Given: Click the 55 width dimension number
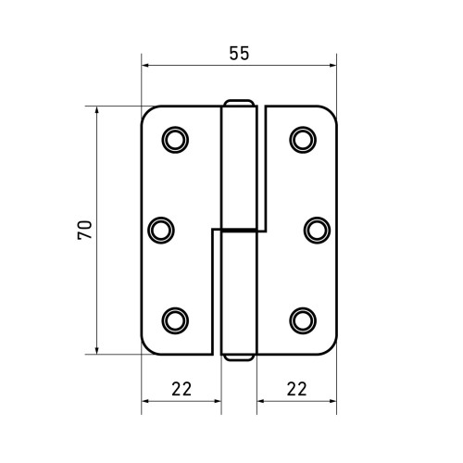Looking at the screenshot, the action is click(x=239, y=54).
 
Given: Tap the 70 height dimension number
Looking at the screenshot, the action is click(x=85, y=230).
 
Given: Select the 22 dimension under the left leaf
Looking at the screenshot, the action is click(x=181, y=389).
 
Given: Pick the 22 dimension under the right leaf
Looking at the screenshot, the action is click(x=297, y=389).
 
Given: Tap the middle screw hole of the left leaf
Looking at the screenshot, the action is click(x=161, y=231).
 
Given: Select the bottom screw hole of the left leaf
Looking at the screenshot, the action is click(x=175, y=320).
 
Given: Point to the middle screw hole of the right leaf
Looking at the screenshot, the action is click(x=317, y=231).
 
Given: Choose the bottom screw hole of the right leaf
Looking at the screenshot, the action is click(x=303, y=320).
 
